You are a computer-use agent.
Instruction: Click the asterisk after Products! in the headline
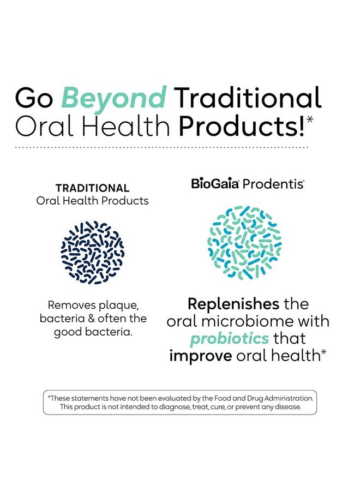click(x=310, y=119)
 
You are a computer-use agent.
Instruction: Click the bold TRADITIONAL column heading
click(x=92, y=188)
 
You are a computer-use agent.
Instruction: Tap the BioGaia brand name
click(x=215, y=184)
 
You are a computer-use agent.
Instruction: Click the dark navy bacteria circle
click(x=92, y=253)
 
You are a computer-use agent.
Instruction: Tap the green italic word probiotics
click(x=229, y=338)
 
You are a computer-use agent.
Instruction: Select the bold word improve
click(x=200, y=356)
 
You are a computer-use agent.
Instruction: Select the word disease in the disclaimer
click(x=285, y=407)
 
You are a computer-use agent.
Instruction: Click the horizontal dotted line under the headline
click(x=162, y=147)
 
